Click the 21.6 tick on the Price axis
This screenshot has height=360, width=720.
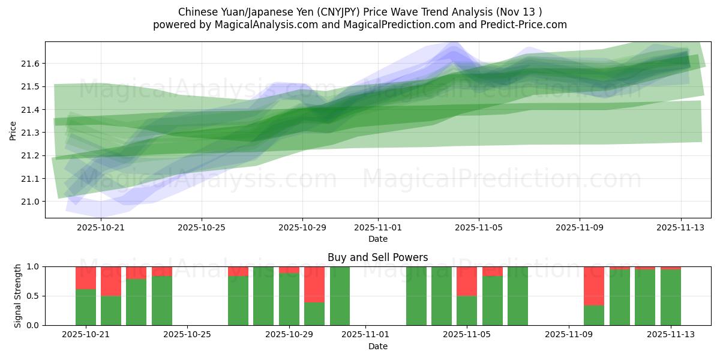tap(29, 64)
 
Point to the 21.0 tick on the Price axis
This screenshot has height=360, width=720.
tap(29, 202)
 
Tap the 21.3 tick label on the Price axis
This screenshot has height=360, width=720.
tap(29, 133)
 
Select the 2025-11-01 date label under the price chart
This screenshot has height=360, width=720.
tap(378, 227)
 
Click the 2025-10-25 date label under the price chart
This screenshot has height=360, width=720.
tap(202, 227)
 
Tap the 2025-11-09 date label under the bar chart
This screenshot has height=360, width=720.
tap(567, 335)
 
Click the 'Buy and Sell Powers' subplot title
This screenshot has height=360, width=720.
tap(378, 257)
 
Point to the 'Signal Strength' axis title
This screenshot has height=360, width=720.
tap(18, 295)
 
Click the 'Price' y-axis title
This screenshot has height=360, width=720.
tap(13, 130)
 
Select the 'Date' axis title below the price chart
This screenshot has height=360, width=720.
tap(378, 239)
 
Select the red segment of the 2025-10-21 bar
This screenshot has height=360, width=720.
tap(86, 278)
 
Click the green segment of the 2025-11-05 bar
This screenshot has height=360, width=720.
tap(467, 310)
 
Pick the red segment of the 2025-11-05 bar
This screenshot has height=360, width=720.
tap(467, 281)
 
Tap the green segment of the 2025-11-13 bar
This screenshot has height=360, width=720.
tap(671, 297)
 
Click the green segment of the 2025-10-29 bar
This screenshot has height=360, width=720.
tap(289, 299)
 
